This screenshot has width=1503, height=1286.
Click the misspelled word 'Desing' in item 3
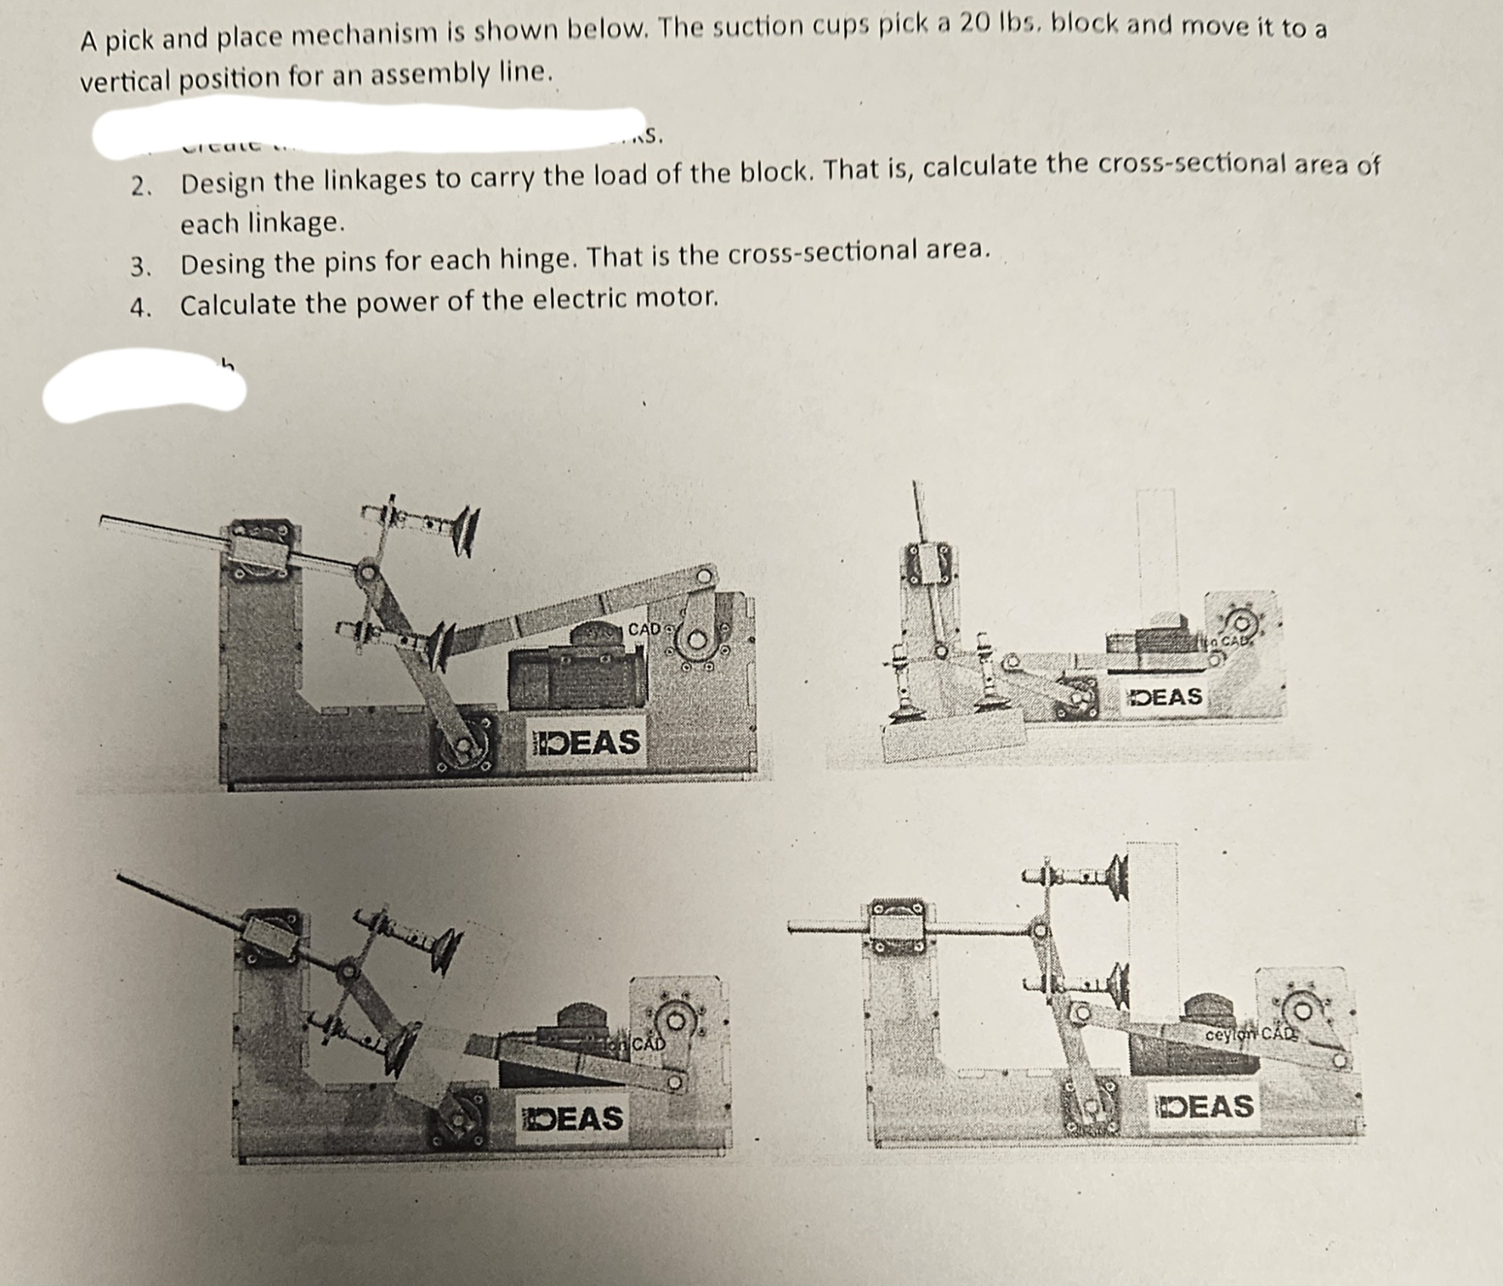222,265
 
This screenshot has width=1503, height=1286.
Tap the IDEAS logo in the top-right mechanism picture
1164,696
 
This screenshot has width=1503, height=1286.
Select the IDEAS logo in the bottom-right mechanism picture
1204,1107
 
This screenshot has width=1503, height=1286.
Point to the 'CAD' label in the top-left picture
644,629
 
